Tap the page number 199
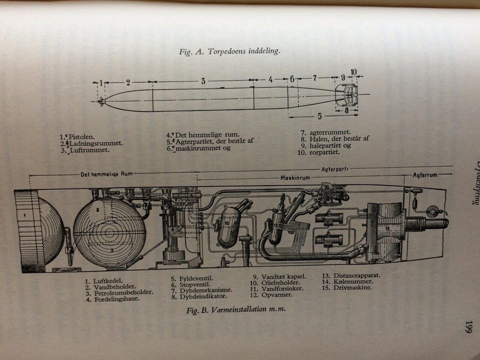tap(468, 328)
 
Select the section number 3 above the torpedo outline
tap(203, 81)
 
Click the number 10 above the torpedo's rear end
tap(354, 72)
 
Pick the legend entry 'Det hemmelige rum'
tap(203, 134)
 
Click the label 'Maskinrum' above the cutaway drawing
tap(293, 177)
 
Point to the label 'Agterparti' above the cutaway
tap(335, 169)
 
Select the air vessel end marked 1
tap(30, 230)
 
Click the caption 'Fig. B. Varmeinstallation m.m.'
tap(235, 310)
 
